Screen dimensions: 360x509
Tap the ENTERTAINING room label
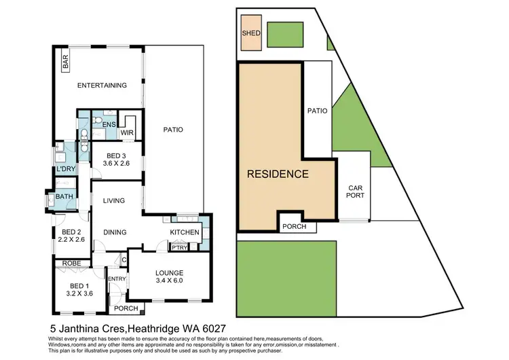click(102, 86)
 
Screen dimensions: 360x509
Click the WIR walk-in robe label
click(127, 133)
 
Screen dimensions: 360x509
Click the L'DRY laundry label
click(66, 168)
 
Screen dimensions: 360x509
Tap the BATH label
click(65, 197)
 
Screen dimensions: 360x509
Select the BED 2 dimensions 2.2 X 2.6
click(71, 240)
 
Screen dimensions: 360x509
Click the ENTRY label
click(117, 279)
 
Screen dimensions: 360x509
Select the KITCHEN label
click(185, 233)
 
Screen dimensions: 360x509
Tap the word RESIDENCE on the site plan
click(277, 174)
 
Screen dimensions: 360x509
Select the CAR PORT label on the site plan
click(356, 192)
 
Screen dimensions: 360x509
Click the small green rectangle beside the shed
click(284, 33)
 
